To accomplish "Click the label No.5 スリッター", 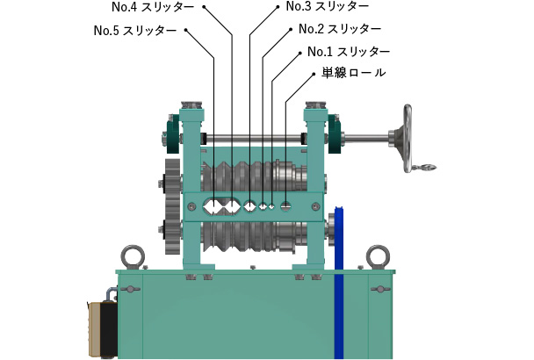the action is click(x=135, y=31).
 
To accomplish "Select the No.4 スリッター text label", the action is click(x=153, y=7).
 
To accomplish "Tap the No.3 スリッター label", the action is click(x=328, y=6).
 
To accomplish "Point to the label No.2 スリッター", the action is click(x=340, y=29).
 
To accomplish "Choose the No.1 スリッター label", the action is click(x=349, y=52).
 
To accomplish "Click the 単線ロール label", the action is click(x=354, y=73).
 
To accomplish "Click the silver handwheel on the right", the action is click(x=408, y=138).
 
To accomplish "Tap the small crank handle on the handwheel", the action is click(x=424, y=167).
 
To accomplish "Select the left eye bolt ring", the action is click(x=133, y=256).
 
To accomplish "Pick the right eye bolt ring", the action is click(x=378, y=256).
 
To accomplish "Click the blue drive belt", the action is click(x=339, y=282).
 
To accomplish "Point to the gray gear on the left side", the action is click(x=173, y=206).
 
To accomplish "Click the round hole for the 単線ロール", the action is click(x=286, y=205).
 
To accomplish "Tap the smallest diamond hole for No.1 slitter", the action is click(x=271, y=206).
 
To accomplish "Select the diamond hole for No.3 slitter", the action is click(x=250, y=206).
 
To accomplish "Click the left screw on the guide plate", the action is click(x=191, y=206).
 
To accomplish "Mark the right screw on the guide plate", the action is click(x=315, y=206).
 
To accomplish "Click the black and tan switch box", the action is click(x=103, y=328).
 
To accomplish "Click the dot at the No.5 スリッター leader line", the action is click(x=186, y=30).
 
